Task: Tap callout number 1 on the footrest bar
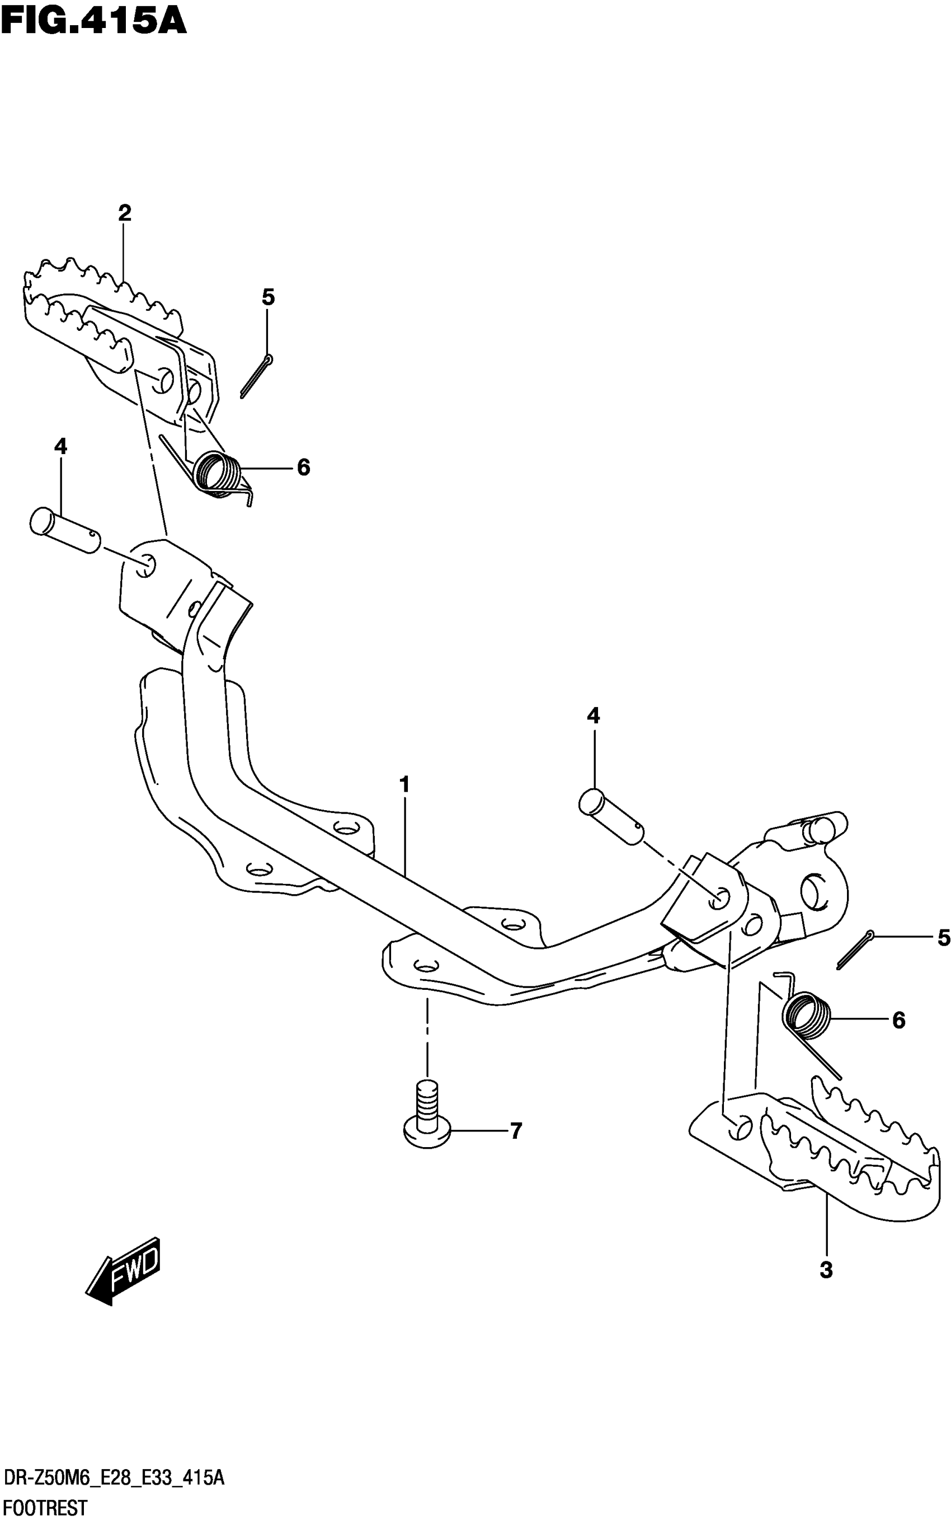[404, 785]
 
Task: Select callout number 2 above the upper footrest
[125, 213]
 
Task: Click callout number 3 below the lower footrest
[826, 1270]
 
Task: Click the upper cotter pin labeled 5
[257, 376]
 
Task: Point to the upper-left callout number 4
[60, 447]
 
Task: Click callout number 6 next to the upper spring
[303, 467]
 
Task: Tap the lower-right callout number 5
[943, 938]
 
